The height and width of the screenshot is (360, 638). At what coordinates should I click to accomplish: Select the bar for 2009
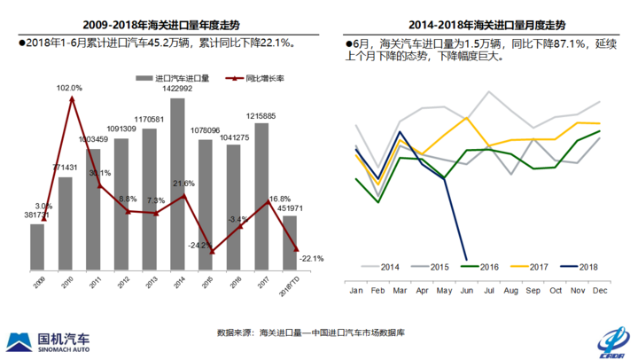click(x=37, y=247)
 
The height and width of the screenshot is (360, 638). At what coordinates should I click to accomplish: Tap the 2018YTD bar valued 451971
click(x=289, y=242)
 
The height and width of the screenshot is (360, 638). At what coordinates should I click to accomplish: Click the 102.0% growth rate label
click(x=69, y=88)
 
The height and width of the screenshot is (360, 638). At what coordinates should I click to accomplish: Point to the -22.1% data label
click(x=312, y=258)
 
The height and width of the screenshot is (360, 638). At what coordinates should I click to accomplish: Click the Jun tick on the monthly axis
click(x=465, y=291)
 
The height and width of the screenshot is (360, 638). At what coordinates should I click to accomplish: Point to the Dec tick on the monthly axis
click(x=600, y=291)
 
